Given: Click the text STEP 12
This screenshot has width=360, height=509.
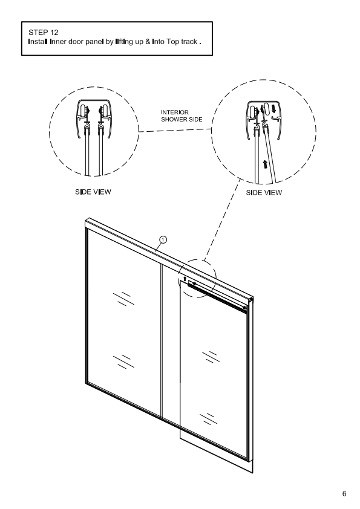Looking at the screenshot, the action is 43,33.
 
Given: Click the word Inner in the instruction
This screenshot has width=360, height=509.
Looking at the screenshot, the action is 58,42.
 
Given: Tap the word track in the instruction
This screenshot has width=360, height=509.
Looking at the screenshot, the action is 189,42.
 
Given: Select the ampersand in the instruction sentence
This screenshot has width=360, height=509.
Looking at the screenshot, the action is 148,42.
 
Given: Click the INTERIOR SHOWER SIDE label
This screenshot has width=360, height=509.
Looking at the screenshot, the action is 182,116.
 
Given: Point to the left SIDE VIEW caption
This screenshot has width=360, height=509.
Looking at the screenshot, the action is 93,192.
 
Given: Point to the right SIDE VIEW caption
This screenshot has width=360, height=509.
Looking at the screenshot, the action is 264,192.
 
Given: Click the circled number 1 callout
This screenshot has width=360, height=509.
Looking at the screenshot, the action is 163,240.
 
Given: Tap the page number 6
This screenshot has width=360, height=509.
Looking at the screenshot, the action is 344,494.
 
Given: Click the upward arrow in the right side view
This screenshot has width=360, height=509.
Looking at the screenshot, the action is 266,164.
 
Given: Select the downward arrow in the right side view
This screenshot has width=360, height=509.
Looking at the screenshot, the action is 273,108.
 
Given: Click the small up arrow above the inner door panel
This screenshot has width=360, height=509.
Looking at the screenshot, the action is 185,279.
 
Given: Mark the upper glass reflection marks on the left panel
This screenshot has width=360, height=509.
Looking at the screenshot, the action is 124,299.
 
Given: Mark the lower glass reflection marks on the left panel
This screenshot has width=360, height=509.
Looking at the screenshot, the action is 124,362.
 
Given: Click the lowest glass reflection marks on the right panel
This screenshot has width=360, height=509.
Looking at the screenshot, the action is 208,418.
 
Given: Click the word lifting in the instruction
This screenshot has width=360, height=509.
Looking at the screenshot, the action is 124,42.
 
